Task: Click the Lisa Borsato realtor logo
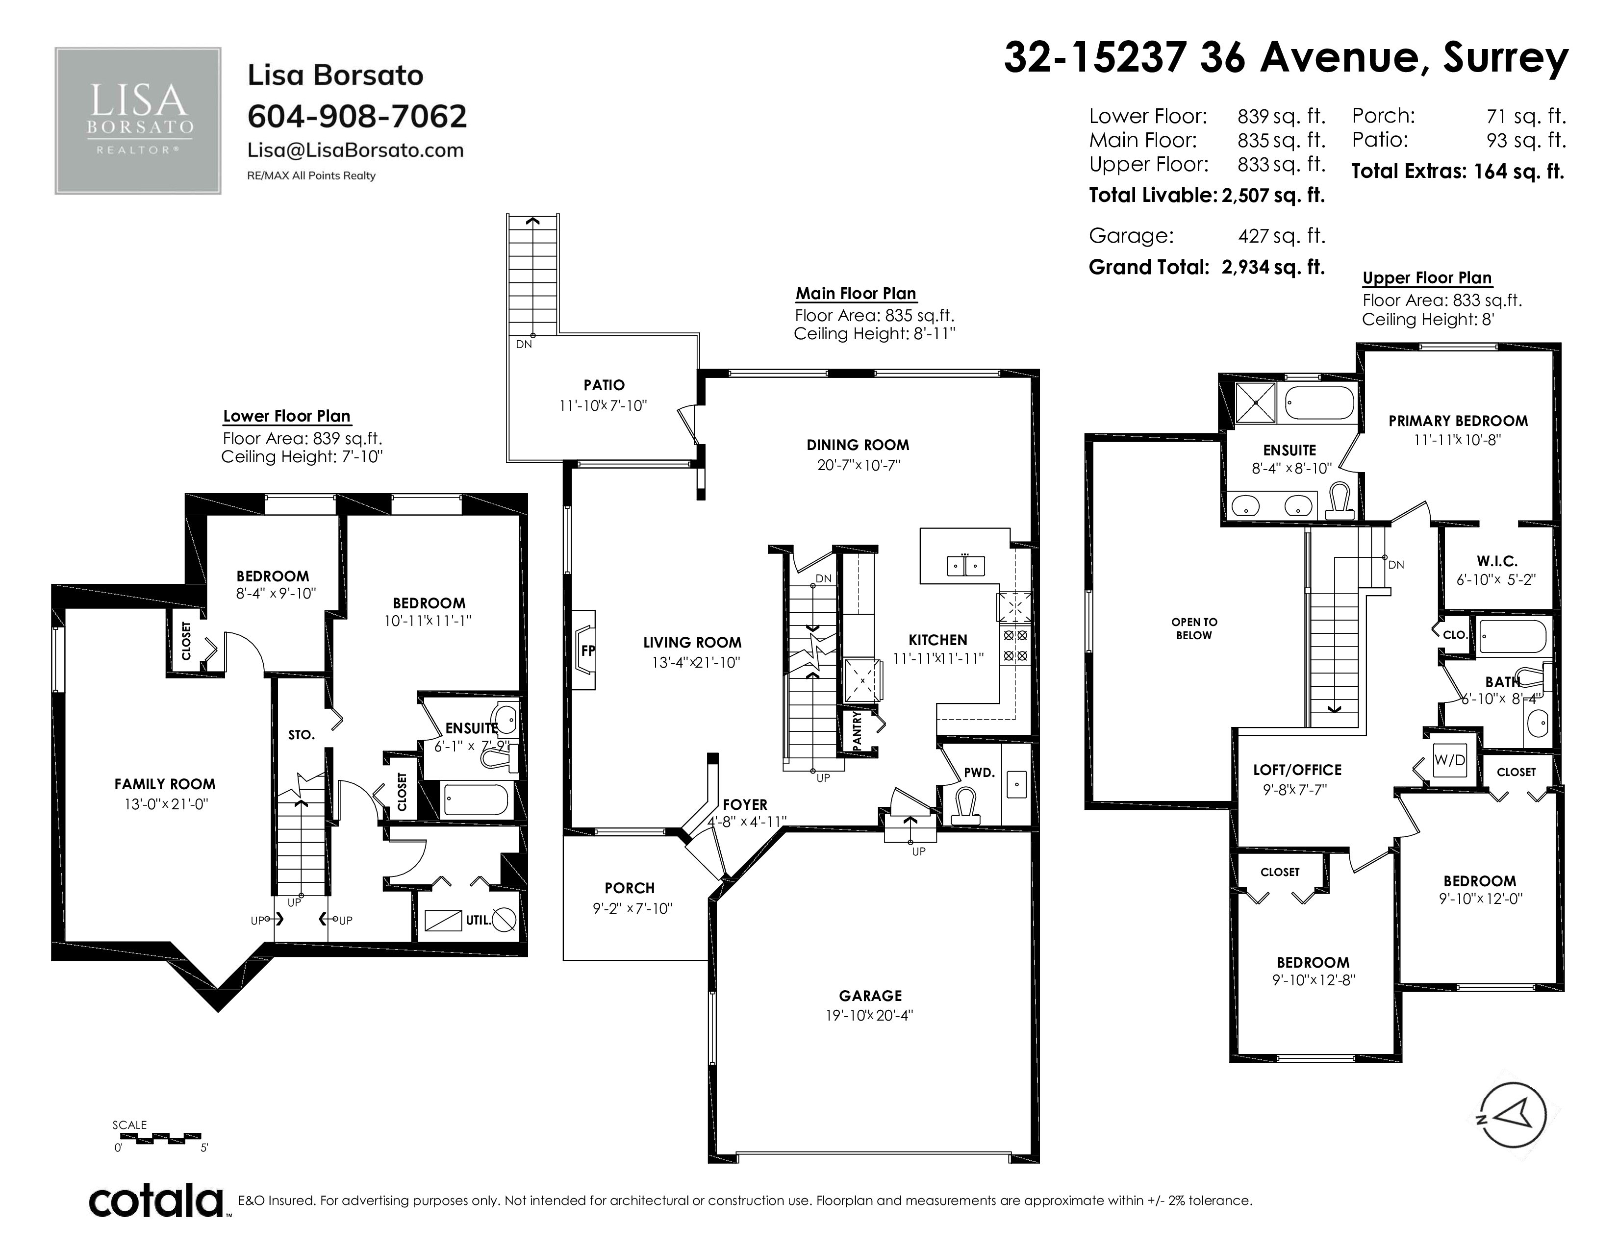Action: point(138,121)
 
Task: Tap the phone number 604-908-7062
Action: point(357,116)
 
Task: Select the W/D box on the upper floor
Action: point(1450,760)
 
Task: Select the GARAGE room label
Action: point(870,996)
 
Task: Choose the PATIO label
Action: point(604,385)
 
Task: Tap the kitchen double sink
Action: point(966,566)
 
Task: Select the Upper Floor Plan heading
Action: point(1427,278)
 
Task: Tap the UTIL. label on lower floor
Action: point(479,921)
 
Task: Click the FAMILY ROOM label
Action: point(165,784)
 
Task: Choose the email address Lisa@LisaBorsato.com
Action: point(355,150)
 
